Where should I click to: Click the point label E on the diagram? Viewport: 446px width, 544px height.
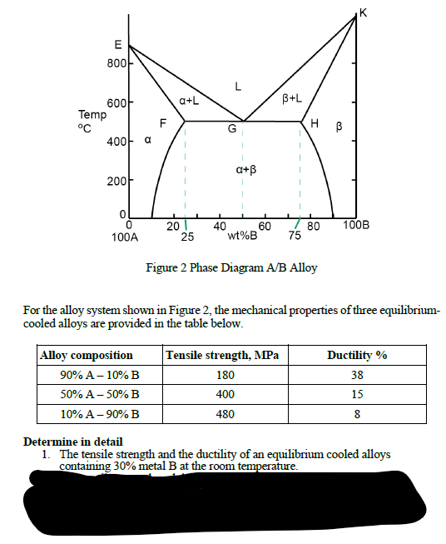tap(117, 43)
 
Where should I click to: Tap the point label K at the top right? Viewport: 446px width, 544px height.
tap(362, 10)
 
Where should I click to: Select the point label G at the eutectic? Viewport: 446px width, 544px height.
tap(233, 129)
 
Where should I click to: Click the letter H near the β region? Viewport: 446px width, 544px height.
tap(314, 124)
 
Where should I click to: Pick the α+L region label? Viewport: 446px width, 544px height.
tap(187, 100)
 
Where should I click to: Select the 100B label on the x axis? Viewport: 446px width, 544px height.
tap(357, 226)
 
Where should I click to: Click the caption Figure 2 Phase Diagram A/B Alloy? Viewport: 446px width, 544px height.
tap(230, 268)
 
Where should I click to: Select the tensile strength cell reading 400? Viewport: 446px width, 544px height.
tap(223, 393)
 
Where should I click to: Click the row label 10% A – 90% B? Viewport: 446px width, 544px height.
tap(100, 412)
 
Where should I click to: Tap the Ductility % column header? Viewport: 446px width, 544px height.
tap(357, 355)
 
